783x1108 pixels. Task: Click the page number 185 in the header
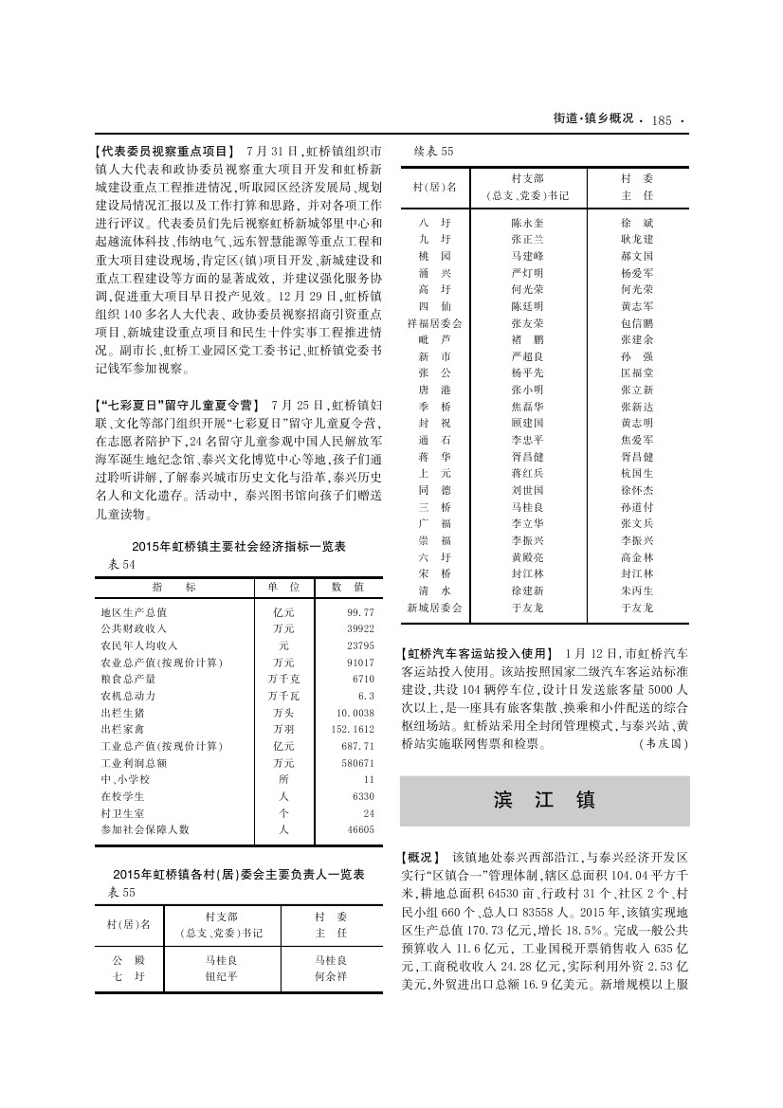tap(661, 120)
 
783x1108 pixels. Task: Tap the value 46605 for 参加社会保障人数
tap(360, 828)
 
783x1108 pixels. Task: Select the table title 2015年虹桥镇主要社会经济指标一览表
tap(238, 548)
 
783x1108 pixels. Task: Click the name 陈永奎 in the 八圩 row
tap(527, 221)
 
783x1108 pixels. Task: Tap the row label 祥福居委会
tap(435, 323)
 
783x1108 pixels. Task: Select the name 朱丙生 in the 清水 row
tap(636, 590)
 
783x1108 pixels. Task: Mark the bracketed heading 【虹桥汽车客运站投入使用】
tap(477, 653)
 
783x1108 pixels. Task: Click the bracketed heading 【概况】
tap(422, 855)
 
